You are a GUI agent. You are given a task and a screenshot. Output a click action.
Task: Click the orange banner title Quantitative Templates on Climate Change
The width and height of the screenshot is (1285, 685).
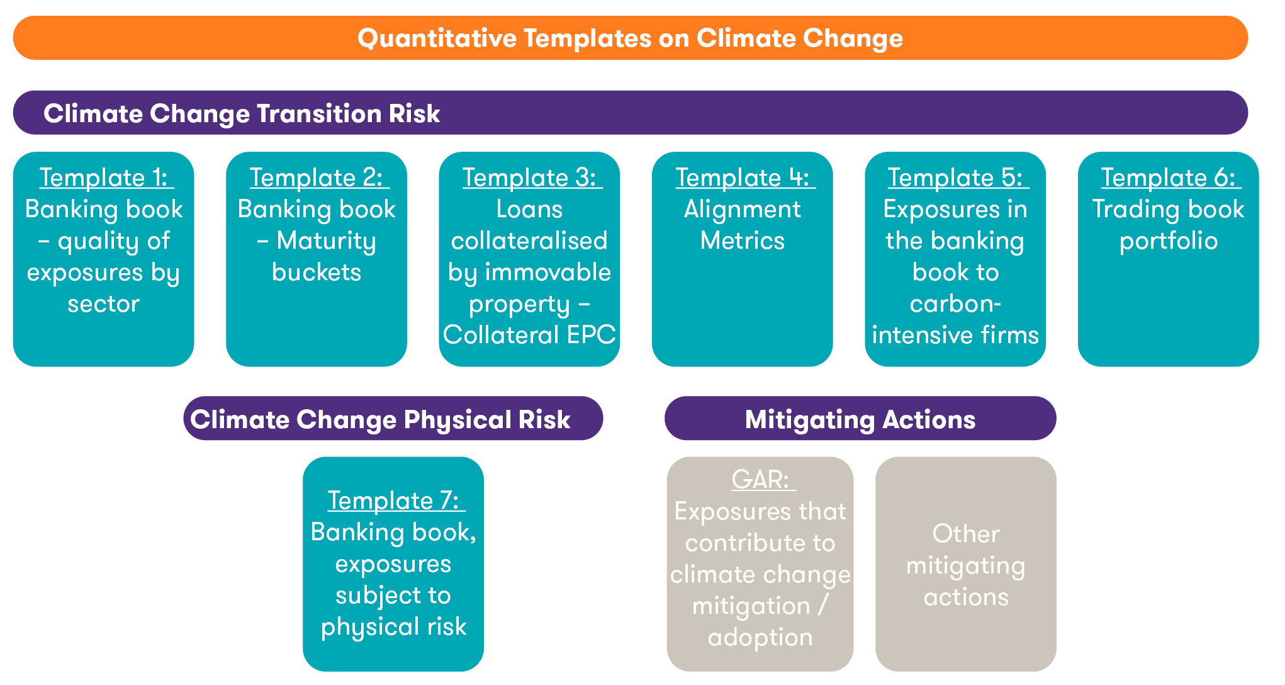pos(630,38)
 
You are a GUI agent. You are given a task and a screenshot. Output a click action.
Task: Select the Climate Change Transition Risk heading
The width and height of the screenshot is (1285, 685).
pos(242,114)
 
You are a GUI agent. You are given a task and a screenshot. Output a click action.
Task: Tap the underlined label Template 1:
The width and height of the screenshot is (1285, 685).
pos(104,178)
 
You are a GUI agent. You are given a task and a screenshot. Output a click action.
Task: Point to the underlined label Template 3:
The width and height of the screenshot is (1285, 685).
pos(530,178)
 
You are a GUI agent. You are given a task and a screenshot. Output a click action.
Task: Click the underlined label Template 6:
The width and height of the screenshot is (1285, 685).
pos(1169,178)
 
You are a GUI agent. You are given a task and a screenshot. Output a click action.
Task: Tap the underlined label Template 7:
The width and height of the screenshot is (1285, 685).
pos(394,501)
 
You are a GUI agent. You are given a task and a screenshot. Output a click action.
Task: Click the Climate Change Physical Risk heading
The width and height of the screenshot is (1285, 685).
pos(380,420)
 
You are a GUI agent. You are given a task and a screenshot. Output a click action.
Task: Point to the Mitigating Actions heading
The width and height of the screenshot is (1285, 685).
pos(860,420)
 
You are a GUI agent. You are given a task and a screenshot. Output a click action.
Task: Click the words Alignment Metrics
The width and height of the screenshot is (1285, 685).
pos(743,225)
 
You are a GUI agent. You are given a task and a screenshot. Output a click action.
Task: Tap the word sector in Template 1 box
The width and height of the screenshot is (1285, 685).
pos(104,304)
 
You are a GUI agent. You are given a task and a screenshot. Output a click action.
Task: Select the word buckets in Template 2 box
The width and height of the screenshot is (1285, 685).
pos(317,273)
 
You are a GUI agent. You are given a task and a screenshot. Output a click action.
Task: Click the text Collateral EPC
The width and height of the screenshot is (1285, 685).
pos(529,335)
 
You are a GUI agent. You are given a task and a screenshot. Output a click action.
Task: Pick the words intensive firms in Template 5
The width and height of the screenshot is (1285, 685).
pos(955,335)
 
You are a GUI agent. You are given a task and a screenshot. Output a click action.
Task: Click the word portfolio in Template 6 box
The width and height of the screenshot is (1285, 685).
pos(1169,241)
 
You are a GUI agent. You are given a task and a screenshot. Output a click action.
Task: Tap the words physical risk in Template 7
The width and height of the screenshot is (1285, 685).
pos(394,626)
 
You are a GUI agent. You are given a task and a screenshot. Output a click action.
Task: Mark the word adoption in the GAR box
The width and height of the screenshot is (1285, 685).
pos(760,637)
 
